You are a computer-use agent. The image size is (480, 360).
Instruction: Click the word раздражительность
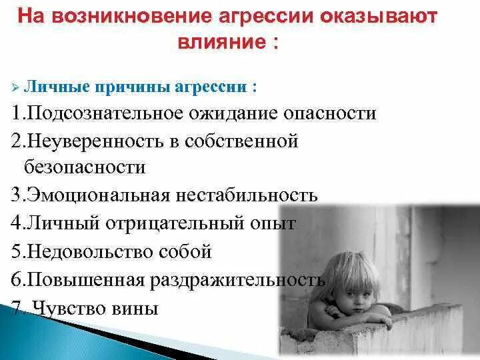tap(237, 280)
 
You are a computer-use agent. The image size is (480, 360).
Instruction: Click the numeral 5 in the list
tap(16, 252)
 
